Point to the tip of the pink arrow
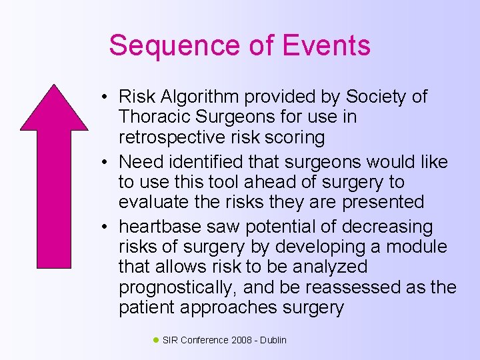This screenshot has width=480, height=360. point(54,85)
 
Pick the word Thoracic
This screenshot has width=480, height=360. point(153,117)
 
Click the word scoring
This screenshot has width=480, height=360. point(294,137)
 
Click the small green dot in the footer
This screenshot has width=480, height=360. point(156,340)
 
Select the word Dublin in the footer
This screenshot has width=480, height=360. point(273,341)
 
